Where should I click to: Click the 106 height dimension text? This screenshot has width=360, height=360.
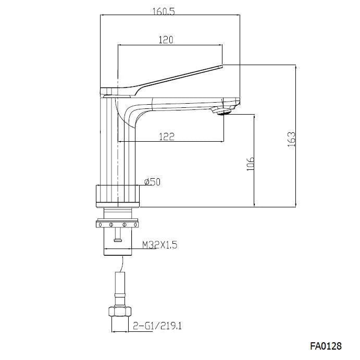250,163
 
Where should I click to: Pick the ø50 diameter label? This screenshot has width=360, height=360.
152,181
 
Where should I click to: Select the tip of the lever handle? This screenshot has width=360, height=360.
219,67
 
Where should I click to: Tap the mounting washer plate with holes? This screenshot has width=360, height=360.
118,224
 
